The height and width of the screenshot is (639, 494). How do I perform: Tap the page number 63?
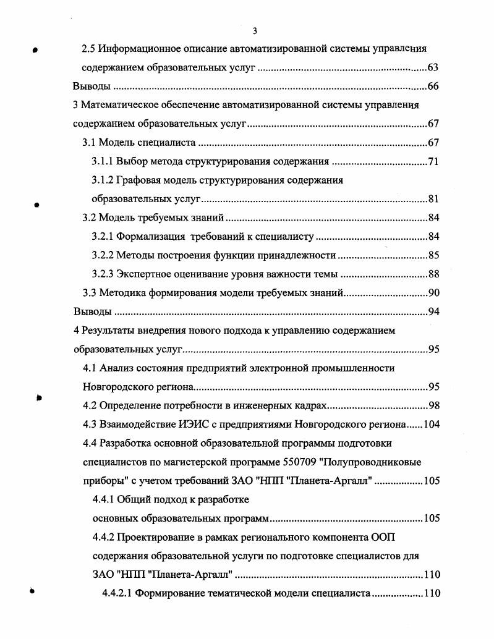coord(433,67)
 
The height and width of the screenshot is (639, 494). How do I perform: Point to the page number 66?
coord(433,86)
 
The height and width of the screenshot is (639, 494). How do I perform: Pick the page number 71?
coord(433,162)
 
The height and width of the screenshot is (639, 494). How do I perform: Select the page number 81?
coord(433,199)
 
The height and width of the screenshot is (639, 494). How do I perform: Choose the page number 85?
coord(433,255)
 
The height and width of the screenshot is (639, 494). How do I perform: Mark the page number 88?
coord(433,274)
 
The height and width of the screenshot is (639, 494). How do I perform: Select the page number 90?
coord(433,293)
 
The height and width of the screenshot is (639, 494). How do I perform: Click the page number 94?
coord(433,311)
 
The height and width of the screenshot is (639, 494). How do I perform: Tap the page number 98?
coord(433,406)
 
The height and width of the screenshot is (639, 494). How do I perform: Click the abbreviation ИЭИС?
coord(190,425)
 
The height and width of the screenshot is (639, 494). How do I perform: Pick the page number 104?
coord(430,425)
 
